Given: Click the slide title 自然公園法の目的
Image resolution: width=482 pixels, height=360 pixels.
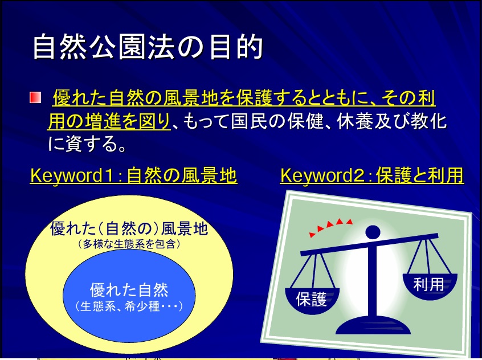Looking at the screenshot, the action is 148,47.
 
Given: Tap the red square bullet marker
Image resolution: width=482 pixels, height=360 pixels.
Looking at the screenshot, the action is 36,97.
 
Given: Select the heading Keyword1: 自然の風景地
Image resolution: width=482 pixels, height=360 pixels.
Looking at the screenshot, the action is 133,175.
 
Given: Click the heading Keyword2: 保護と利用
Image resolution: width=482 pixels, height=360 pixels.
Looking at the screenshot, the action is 372,175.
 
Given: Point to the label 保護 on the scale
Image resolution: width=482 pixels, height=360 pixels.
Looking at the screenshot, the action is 311,299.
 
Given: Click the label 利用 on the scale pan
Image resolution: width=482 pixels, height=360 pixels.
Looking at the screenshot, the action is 429,284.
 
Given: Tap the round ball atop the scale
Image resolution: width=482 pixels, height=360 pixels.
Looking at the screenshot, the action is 373,232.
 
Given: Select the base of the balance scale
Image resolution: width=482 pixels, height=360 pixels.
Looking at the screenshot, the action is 373,326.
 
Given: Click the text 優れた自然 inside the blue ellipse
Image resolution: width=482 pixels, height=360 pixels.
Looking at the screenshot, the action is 129,289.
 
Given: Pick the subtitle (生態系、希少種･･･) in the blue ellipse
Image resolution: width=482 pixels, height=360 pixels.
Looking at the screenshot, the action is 129,306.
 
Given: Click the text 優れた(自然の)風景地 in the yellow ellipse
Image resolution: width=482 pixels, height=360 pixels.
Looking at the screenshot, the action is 129,228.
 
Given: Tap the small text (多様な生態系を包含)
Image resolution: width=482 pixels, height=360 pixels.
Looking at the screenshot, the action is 129,244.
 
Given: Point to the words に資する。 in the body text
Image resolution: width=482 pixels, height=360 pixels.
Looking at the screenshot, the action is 87,144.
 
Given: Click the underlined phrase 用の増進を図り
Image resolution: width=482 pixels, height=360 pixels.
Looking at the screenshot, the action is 109,121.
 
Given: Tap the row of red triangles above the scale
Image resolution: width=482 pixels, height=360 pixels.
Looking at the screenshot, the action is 331,227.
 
